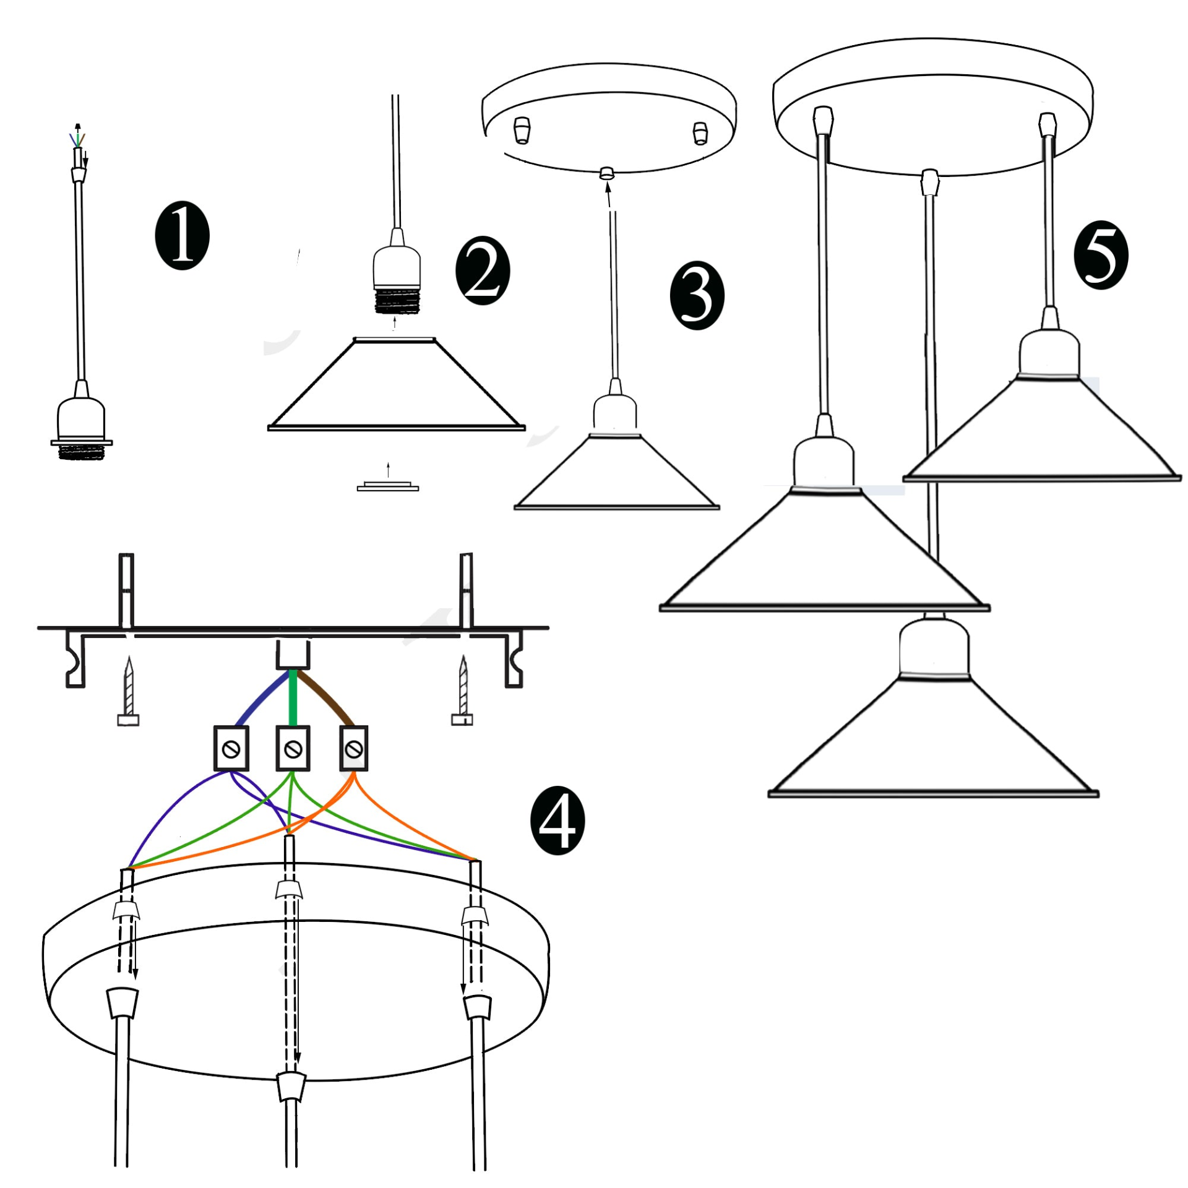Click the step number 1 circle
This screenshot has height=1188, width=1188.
(182, 236)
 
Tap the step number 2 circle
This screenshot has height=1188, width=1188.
(483, 270)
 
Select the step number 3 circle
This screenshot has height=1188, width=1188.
(697, 296)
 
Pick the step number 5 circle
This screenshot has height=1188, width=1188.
(1101, 256)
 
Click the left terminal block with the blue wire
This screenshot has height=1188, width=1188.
(231, 749)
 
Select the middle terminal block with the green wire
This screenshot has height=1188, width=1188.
(293, 749)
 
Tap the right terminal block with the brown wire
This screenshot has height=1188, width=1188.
(354, 749)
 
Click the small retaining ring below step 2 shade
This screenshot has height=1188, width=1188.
(388, 486)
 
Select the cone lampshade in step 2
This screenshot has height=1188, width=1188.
(397, 384)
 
